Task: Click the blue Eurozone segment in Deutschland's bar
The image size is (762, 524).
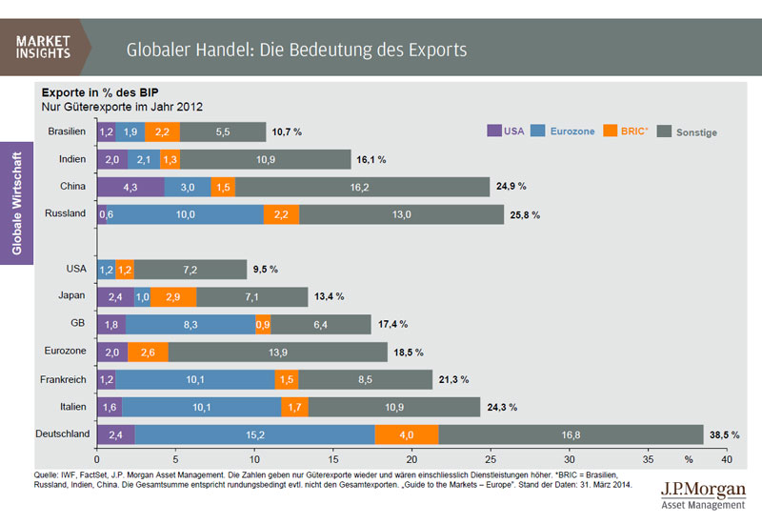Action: [x=254, y=434]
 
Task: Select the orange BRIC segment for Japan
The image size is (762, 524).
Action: [x=173, y=297]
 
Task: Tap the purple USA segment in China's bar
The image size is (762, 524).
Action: [x=131, y=187]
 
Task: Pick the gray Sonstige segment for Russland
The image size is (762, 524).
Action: [x=401, y=214]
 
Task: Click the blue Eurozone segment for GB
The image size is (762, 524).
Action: [x=190, y=325]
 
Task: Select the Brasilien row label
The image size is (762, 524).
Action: [x=66, y=131]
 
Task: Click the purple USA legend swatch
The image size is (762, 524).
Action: [x=494, y=131]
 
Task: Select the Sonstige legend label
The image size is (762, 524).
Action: [x=696, y=132]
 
